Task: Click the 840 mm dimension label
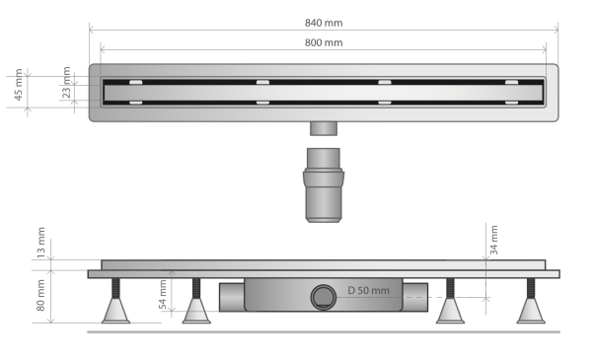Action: pyautogui.click(x=324, y=23)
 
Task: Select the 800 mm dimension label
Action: pyautogui.click(x=324, y=42)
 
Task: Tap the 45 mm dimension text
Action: pyautogui.click(x=18, y=85)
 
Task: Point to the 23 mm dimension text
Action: pyautogui.click(x=66, y=82)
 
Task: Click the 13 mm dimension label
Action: pyautogui.click(x=40, y=243)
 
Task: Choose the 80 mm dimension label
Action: pyautogui.click(x=40, y=295)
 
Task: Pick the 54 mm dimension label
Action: pyautogui.click(x=163, y=294)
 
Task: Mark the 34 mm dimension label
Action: pyautogui.click(x=494, y=240)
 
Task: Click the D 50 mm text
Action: pyautogui.click(x=368, y=290)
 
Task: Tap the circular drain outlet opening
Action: pyautogui.click(x=324, y=297)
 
